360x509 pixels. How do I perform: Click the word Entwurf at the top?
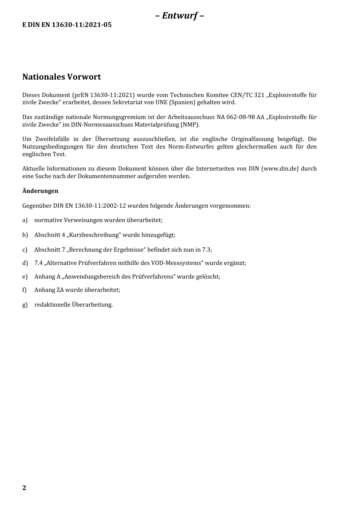click(180, 16)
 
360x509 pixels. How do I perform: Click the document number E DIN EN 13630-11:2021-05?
click(67, 25)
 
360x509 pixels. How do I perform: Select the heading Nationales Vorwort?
click(61, 77)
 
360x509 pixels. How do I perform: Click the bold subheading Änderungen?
click(40, 191)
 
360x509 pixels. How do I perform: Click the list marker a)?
click(25, 220)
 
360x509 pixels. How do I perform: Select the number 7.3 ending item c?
click(207, 250)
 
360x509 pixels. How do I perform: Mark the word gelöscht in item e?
click(208, 277)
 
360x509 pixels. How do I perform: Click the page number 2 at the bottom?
click(24, 488)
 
